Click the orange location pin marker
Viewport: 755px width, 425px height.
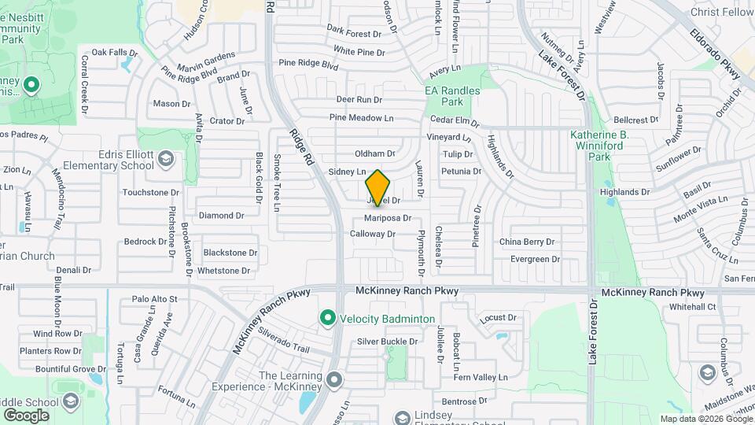click(x=378, y=188)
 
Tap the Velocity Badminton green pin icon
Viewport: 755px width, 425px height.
click(x=327, y=318)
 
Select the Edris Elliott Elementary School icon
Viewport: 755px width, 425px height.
click(x=166, y=160)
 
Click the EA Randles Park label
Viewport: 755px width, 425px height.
click(x=452, y=96)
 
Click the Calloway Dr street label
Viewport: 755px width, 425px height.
click(x=372, y=234)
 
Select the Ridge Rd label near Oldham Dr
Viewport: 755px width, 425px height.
click(x=302, y=146)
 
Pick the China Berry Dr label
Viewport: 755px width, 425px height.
click(x=527, y=242)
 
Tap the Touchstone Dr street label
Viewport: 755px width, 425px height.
click(x=151, y=192)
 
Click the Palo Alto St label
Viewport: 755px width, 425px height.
click(x=155, y=299)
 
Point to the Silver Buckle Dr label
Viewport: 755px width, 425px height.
click(x=387, y=341)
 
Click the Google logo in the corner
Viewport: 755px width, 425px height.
click(x=27, y=415)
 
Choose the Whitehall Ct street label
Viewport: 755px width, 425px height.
click(x=689, y=307)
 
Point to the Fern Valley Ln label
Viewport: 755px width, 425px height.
click(x=480, y=378)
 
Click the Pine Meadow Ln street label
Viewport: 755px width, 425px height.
click(x=361, y=118)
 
